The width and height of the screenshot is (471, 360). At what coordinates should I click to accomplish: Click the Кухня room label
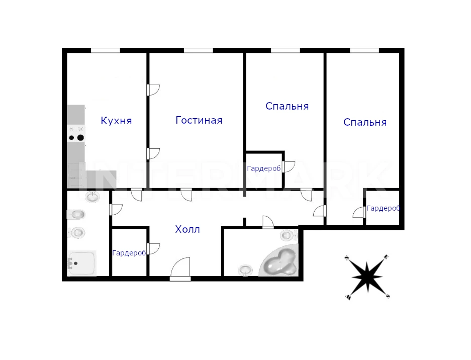116,121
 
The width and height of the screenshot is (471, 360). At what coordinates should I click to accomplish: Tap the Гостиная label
199,120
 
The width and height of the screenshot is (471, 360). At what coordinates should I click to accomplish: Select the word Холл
187,230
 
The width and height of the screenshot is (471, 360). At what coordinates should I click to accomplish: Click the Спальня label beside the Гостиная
287,106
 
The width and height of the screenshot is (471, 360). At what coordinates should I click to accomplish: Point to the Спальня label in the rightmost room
365,122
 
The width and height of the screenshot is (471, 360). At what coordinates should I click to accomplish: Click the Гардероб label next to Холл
129,253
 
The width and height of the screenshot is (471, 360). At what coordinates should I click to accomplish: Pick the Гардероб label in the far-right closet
384,208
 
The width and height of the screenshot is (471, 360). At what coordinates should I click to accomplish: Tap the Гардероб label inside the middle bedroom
264,168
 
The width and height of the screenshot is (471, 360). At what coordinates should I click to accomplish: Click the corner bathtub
279,260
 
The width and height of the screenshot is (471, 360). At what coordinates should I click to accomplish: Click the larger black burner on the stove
80,138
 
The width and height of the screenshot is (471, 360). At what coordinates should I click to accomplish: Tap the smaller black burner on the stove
71,138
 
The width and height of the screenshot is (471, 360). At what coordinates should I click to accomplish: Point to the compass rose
367,277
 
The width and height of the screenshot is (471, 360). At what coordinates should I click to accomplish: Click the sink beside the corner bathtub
246,270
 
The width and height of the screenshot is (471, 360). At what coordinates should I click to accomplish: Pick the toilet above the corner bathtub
288,235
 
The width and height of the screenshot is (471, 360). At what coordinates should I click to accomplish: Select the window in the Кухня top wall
106,50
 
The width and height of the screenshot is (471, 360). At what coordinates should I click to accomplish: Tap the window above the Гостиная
198,50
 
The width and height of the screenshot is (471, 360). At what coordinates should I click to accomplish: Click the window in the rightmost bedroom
364,50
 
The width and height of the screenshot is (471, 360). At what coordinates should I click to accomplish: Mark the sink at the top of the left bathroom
92,197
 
